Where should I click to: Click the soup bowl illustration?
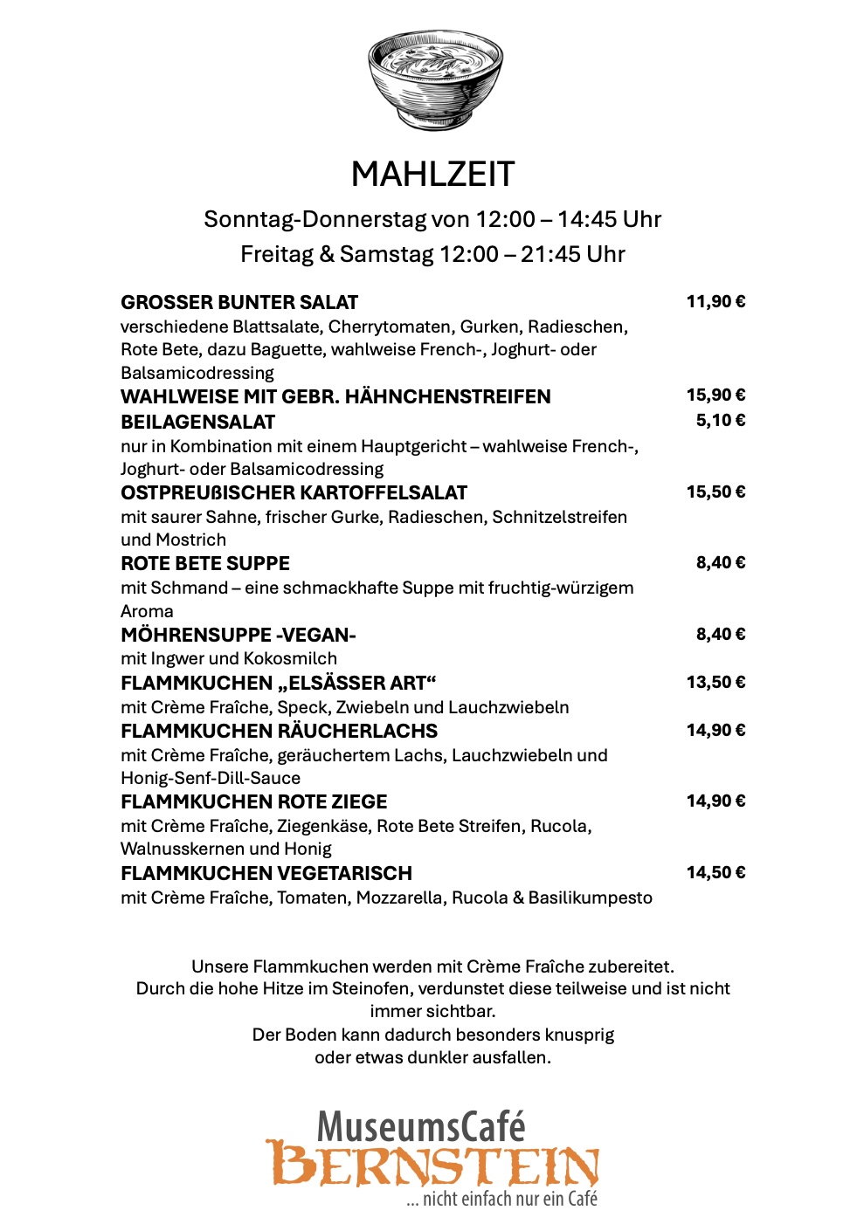coord(434,80)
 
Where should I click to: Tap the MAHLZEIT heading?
coord(432,175)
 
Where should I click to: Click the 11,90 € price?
coord(715,302)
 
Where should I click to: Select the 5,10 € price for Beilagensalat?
coord(720,421)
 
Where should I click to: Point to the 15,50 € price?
coord(715,492)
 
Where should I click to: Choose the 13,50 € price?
coord(715,683)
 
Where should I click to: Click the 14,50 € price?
coord(715,873)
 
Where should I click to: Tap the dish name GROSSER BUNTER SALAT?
coord(239,303)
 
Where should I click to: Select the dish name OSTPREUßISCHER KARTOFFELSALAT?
coord(294,493)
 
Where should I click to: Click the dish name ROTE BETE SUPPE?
coord(205,564)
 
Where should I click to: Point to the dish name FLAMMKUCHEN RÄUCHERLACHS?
coord(279,732)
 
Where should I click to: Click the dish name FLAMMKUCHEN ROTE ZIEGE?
coord(253,802)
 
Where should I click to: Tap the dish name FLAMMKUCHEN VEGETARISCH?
coord(266,874)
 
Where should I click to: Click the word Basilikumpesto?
coord(590,898)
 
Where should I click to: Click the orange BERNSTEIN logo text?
coord(432,1165)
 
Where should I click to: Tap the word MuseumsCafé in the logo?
coord(421,1126)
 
